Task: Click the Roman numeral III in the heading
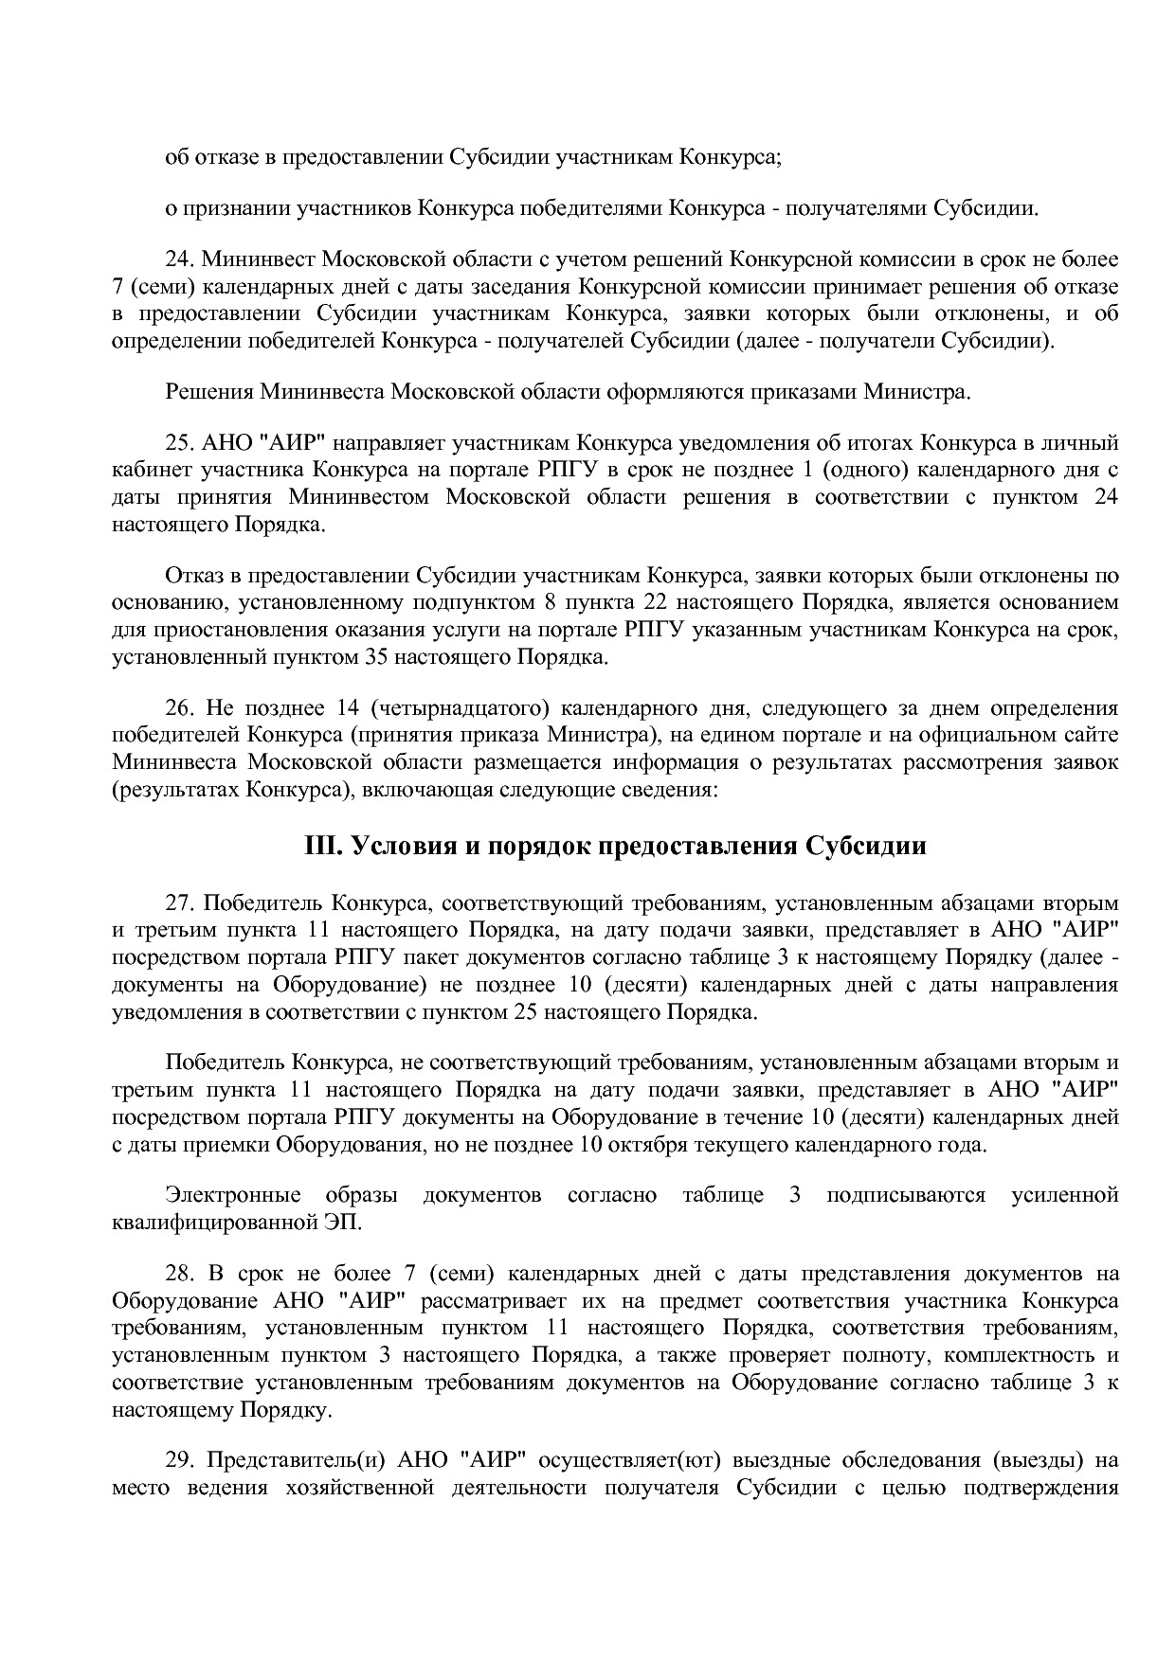pyautogui.click(x=322, y=846)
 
